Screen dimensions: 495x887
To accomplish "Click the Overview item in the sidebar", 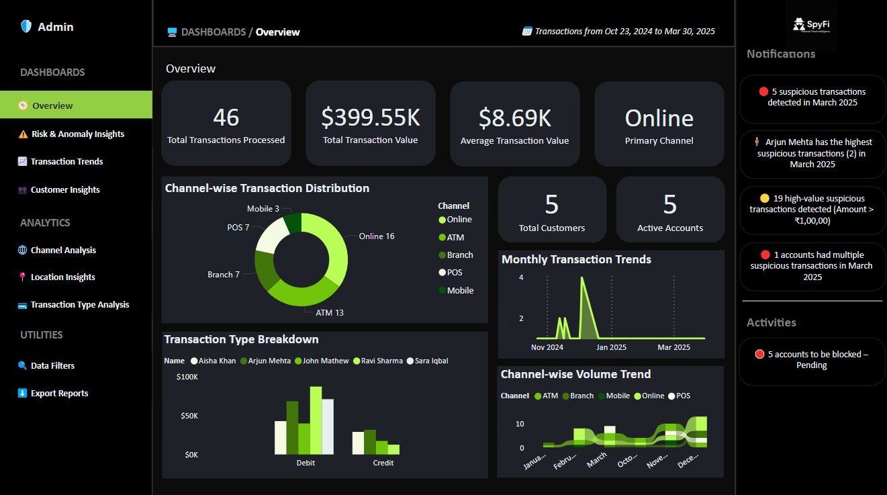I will pyautogui.click(x=52, y=105).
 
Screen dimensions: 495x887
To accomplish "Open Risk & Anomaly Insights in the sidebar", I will pyautogui.click(x=77, y=134).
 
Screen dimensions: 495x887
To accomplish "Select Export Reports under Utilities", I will pyautogui.click(x=59, y=394).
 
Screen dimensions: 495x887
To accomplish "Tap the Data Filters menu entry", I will pyautogui.click(x=52, y=366).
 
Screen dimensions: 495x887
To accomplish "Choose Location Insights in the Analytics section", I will pyautogui.click(x=62, y=277).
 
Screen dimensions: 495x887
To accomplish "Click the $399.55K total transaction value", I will pyautogui.click(x=370, y=118).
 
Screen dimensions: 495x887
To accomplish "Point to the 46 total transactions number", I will pyautogui.click(x=226, y=118).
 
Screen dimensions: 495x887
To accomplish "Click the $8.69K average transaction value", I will pyautogui.click(x=514, y=118).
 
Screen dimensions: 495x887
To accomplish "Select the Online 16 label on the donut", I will pyautogui.click(x=376, y=236).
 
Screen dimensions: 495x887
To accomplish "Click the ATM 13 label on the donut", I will pyautogui.click(x=330, y=313).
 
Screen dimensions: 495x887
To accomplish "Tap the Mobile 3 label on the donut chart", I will pyautogui.click(x=263, y=210).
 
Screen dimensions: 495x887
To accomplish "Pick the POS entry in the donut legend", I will pyautogui.click(x=454, y=273).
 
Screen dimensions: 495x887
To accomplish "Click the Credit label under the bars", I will pyautogui.click(x=383, y=463).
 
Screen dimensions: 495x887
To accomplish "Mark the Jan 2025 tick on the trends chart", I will pyautogui.click(x=611, y=347).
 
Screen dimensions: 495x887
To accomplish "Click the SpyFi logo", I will pyautogui.click(x=810, y=26).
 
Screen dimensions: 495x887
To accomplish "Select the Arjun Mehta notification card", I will pyautogui.click(x=812, y=153).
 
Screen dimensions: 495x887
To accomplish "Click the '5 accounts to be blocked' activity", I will pyautogui.click(x=812, y=360).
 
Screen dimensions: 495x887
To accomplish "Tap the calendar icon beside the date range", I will pyautogui.click(x=527, y=32).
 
